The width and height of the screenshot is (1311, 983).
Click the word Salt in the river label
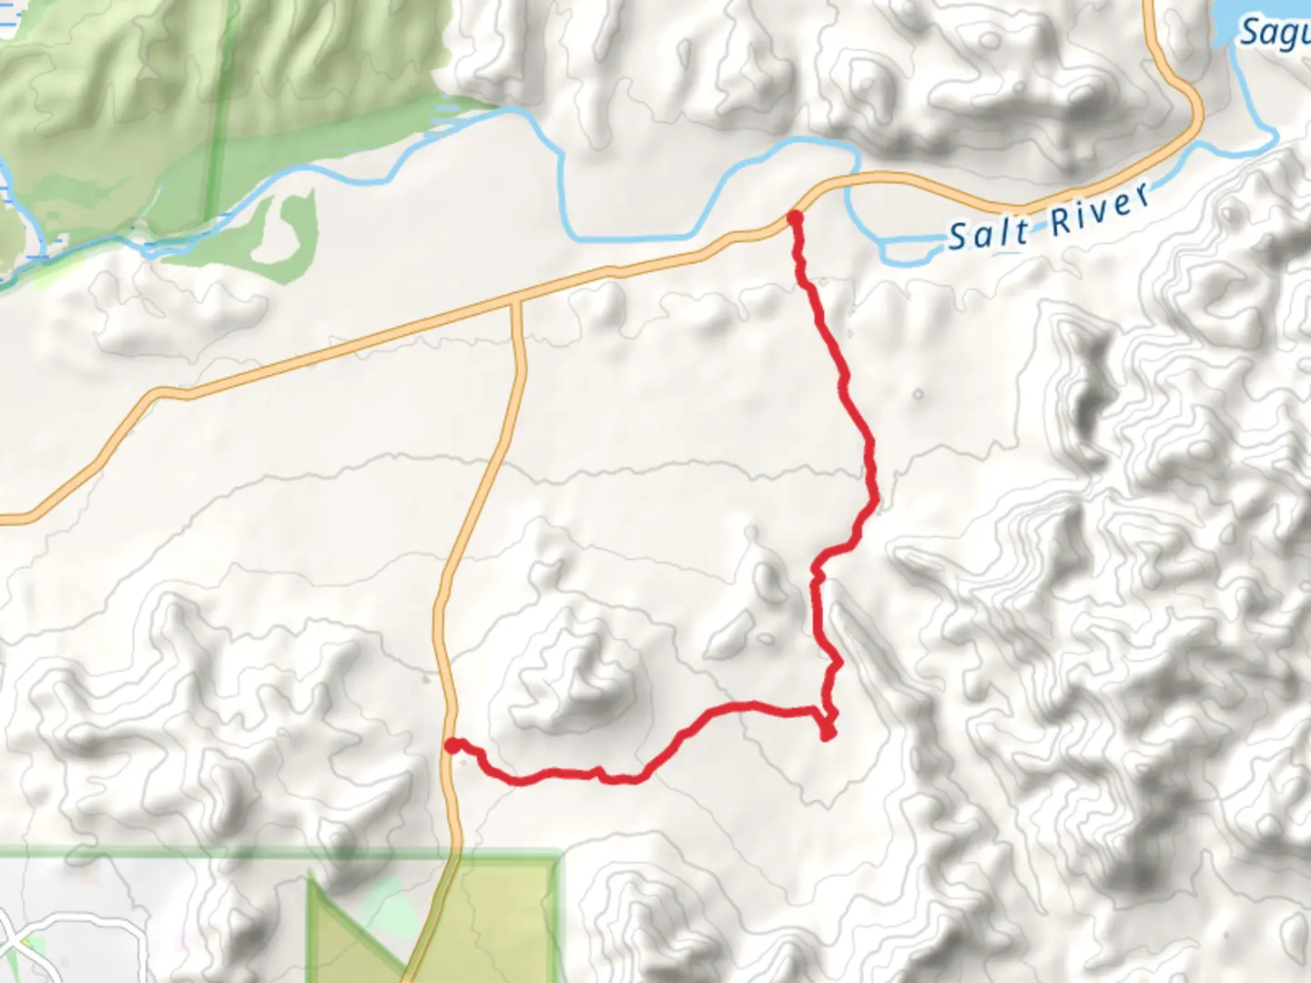click(x=989, y=233)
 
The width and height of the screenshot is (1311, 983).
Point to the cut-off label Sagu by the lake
click(x=1275, y=33)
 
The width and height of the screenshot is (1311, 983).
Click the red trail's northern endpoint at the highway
click(x=795, y=218)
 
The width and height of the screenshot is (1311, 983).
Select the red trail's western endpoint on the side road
click(x=452, y=746)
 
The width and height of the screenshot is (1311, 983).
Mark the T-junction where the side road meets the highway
click(x=515, y=300)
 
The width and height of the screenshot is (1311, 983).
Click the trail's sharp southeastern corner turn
click(x=828, y=734)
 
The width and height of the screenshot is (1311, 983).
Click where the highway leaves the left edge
click(x=4, y=519)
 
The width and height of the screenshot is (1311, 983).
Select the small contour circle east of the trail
click(x=918, y=395)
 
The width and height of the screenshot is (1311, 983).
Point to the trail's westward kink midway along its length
click(x=818, y=569)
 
